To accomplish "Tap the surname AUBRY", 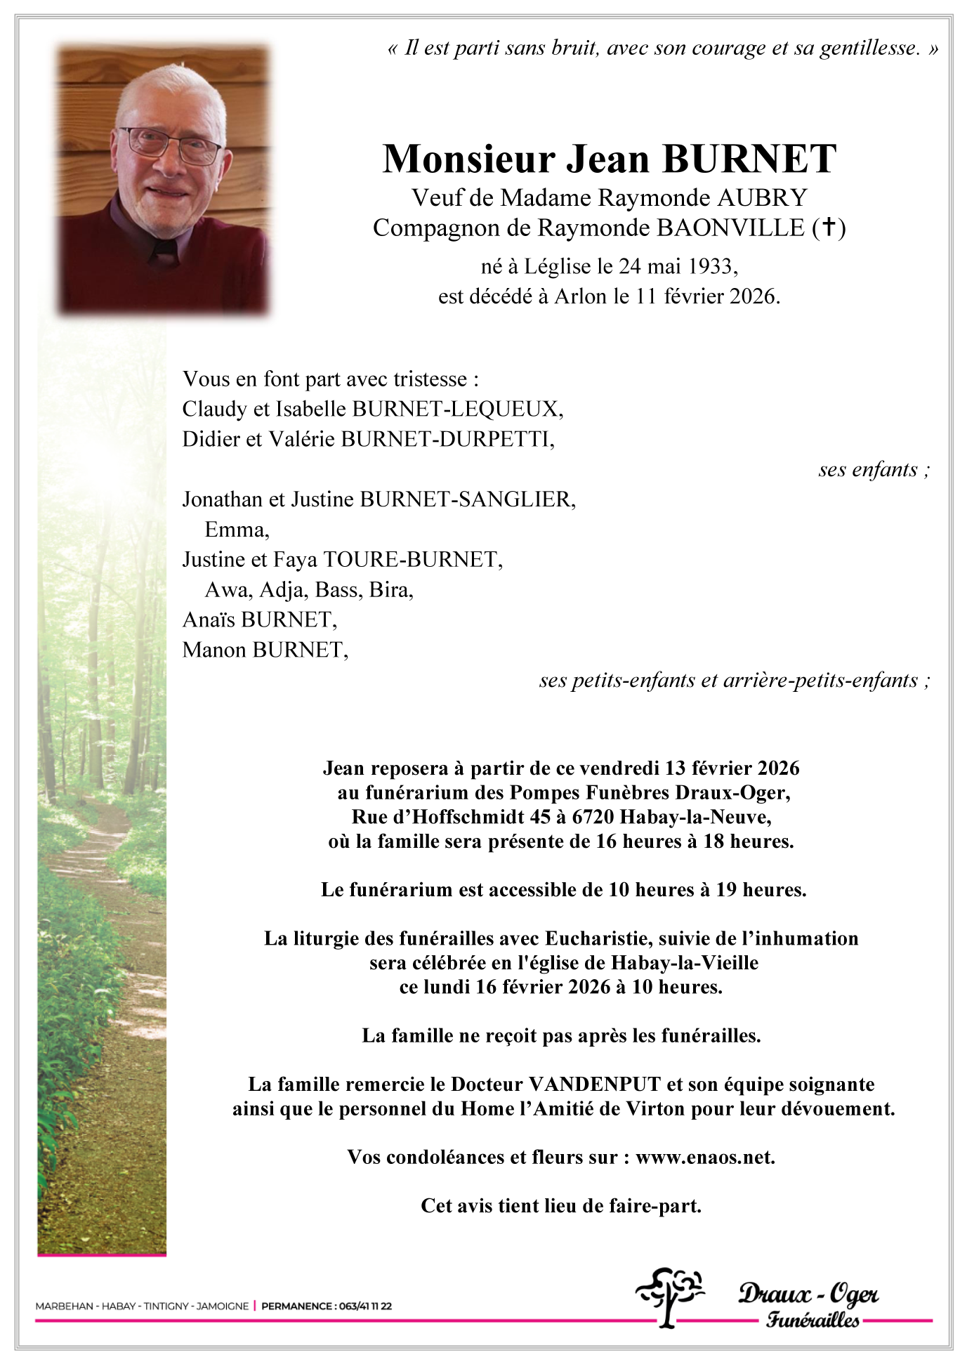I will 762,198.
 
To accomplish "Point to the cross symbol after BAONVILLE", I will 829,228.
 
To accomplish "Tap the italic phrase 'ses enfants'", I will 868,469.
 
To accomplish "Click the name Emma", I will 235,530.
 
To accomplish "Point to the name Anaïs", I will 209,620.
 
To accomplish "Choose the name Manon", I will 214,650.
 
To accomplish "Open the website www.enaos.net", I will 704,1158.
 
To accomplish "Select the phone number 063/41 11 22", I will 364,1306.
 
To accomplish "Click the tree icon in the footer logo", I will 670,1296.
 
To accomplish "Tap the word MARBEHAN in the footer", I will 64,1306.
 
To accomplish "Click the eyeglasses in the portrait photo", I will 171,145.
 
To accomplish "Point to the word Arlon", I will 580,296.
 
